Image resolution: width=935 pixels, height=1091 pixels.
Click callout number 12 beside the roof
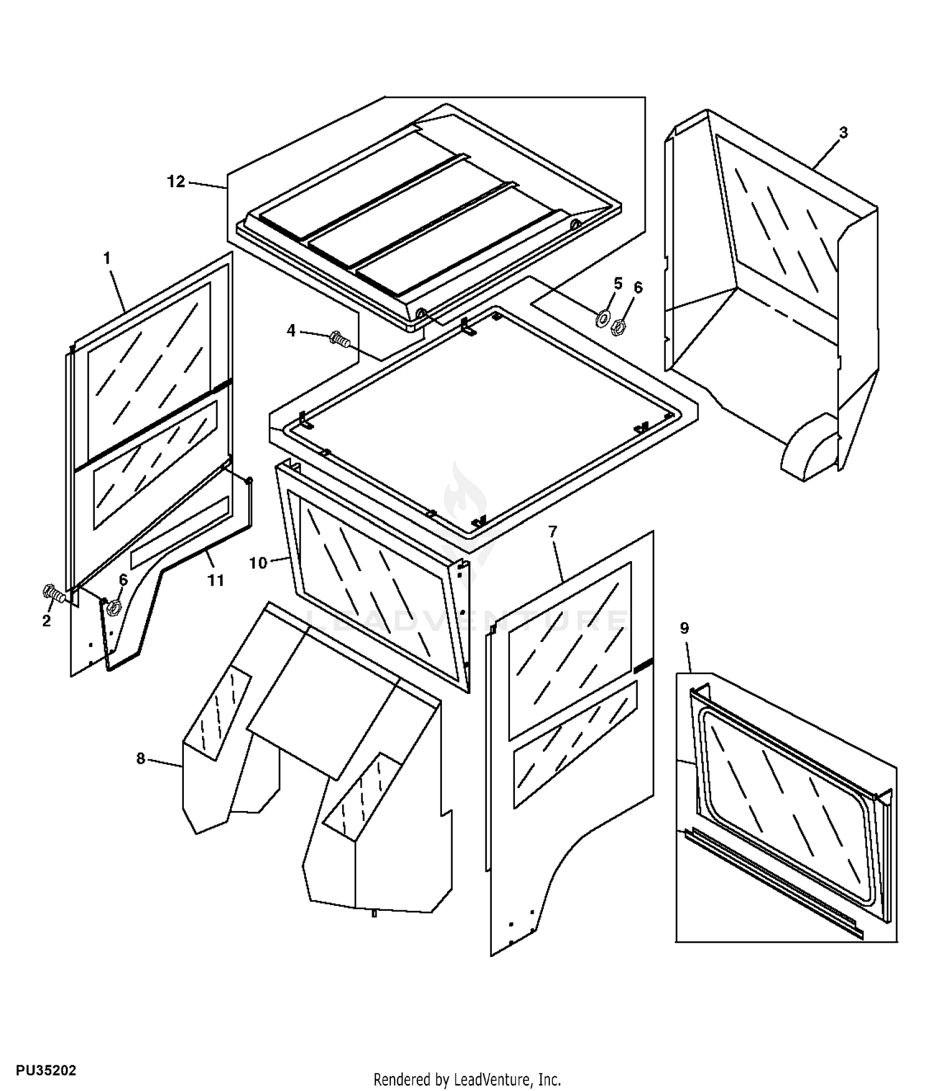[x=176, y=181]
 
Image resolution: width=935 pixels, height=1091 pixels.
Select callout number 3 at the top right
[x=843, y=132]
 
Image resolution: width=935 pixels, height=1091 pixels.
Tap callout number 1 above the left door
[x=107, y=257]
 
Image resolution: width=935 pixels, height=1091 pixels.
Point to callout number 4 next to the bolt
[x=291, y=330]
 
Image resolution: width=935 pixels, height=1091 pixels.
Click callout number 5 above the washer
[x=618, y=284]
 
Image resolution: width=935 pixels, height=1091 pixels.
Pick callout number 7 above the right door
[x=553, y=532]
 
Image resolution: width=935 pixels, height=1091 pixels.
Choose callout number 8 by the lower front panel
[x=141, y=758]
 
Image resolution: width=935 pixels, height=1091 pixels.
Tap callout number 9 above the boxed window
[x=684, y=628]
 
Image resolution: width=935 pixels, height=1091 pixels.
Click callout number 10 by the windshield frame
[x=258, y=563]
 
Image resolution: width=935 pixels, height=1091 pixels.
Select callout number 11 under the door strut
[x=215, y=580]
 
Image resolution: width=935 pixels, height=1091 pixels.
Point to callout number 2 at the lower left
[x=46, y=621]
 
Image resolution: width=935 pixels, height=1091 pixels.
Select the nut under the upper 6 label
[x=619, y=325]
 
